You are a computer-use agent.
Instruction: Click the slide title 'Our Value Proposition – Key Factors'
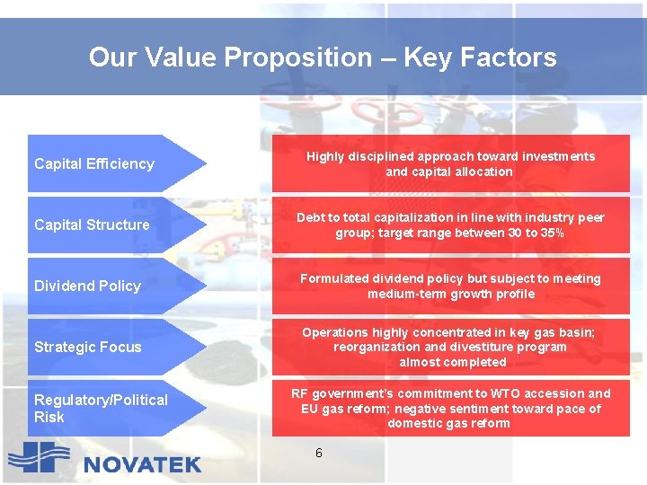click(x=323, y=57)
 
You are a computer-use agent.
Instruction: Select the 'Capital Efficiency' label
click(x=94, y=163)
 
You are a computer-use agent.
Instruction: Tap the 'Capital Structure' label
click(x=92, y=225)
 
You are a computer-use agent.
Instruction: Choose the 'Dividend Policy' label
click(x=87, y=286)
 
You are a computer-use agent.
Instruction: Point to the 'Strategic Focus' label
click(x=87, y=347)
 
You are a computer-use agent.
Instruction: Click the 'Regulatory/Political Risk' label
click(x=101, y=408)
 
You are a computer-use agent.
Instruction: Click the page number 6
click(x=319, y=453)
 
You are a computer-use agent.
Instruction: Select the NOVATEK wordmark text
click(x=143, y=464)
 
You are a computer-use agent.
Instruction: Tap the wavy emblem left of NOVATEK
click(x=39, y=459)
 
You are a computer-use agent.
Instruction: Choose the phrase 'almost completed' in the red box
click(x=453, y=362)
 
